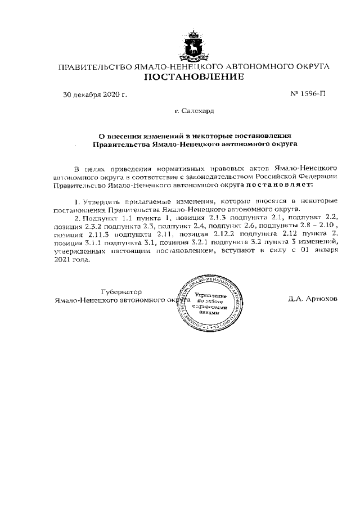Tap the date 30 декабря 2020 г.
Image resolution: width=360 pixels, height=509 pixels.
pyautogui.click(x=94, y=94)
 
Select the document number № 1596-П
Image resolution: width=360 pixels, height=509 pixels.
pyautogui.click(x=308, y=94)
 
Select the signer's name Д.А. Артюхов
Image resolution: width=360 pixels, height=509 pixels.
pyautogui.click(x=313, y=299)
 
